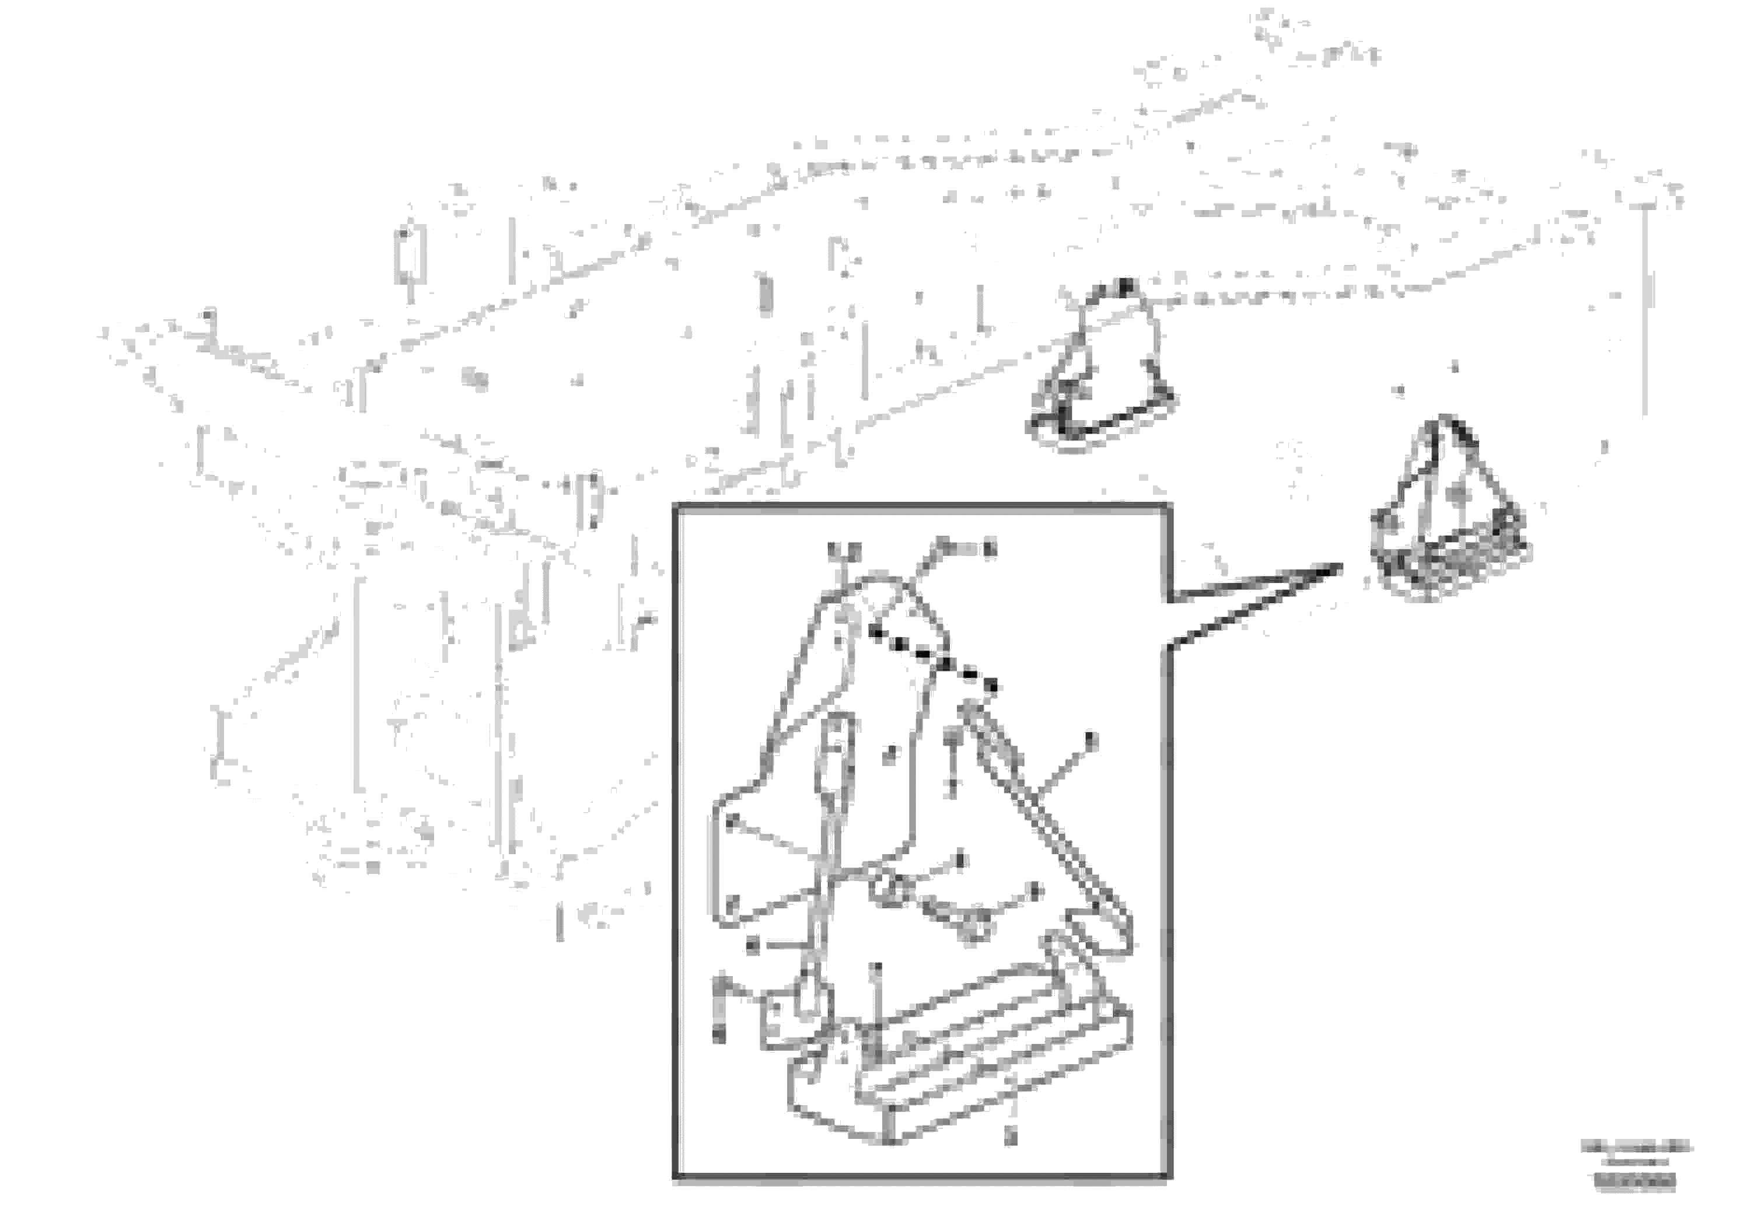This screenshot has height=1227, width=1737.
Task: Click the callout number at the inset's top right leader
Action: [989, 548]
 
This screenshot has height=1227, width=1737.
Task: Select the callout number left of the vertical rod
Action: [753, 945]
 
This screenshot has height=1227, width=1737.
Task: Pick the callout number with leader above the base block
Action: [877, 969]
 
